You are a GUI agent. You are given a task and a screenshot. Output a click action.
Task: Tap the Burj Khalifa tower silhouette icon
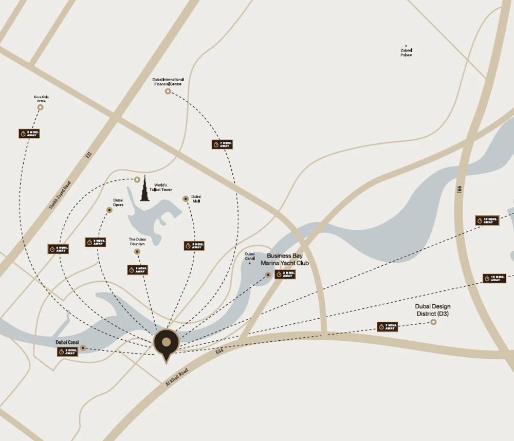coord(145,189)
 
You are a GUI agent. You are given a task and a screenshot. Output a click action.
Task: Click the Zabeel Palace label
coord(406,52)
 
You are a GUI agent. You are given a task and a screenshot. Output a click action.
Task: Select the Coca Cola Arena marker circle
coord(40,107)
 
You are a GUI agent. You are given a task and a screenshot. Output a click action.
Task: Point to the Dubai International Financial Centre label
coord(168,82)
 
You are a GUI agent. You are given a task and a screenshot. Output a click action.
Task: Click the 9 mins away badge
coord(29,133)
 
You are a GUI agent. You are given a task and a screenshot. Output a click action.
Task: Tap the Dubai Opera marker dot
coord(109,210)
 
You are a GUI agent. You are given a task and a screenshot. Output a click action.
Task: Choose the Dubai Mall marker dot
coord(186,198)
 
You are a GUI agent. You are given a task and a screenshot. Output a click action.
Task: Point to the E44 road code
coord(219,352)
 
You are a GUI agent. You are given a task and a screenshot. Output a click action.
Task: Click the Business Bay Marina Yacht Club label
coord(285,259)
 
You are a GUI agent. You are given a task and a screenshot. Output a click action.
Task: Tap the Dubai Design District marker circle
coord(433,322)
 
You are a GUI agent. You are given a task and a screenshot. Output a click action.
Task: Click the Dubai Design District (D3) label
coord(433,309)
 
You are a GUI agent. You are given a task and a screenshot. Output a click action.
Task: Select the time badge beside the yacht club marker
coord(285,274)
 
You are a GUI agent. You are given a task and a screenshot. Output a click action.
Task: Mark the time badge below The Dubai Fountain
coord(138,269)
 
